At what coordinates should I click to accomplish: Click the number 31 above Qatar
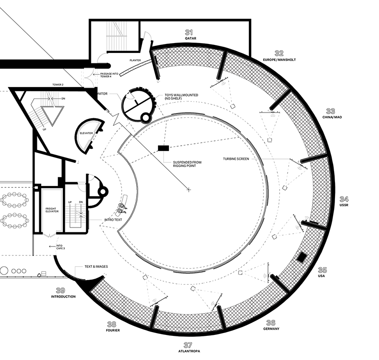(189, 32)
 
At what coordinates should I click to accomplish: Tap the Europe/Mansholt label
(279, 60)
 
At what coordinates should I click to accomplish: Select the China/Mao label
(332, 117)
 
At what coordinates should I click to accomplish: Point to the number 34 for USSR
(344, 199)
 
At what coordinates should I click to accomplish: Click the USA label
(321, 276)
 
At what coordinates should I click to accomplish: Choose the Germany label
(271, 329)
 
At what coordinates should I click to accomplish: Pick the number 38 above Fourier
(111, 324)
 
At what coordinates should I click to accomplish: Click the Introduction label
(63, 297)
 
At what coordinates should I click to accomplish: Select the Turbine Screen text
(236, 159)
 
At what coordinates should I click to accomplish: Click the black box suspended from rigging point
(163, 148)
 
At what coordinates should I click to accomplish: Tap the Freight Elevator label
(52, 210)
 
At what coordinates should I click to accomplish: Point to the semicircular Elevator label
(86, 133)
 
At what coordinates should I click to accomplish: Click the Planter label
(135, 60)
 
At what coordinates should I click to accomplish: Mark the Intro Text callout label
(113, 220)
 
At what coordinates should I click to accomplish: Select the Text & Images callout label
(96, 266)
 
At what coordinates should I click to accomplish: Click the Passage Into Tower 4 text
(109, 75)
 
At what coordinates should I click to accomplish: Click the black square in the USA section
(301, 257)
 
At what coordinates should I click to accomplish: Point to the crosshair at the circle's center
(189, 190)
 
